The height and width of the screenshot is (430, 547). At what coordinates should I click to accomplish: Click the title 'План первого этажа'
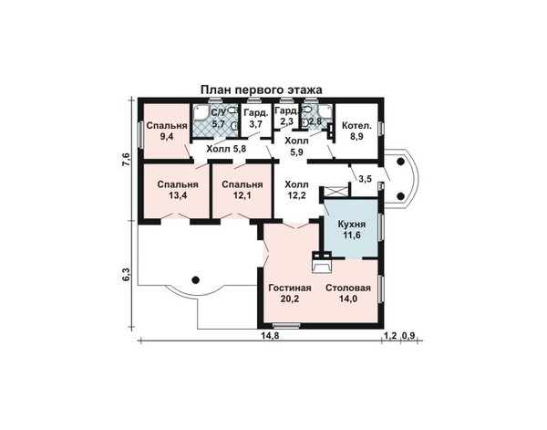pos(262,89)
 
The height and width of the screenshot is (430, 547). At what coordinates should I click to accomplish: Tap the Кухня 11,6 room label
pos(352,229)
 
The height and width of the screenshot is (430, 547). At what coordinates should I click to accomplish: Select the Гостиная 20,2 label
pos(290,293)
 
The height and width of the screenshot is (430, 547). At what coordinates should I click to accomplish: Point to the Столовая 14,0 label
pos(348,293)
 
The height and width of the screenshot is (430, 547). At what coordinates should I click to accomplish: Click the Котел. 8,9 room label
pos(356,131)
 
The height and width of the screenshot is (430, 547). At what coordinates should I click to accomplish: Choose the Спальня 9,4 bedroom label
pos(167,131)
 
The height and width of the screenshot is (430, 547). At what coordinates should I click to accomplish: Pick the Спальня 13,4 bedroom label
pos(178,190)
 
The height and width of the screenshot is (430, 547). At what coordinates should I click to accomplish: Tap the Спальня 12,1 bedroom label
pos(243,190)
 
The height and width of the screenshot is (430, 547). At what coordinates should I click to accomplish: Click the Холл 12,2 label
pos(296,190)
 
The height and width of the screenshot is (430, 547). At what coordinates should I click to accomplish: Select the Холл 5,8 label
pos(226,149)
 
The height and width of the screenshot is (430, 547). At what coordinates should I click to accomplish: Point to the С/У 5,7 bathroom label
pos(219,118)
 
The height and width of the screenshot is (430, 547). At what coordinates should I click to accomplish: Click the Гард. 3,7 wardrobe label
pos(256,118)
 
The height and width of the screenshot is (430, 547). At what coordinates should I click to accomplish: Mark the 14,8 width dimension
pos(271,335)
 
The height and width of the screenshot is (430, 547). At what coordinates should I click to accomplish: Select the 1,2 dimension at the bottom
pos(390,336)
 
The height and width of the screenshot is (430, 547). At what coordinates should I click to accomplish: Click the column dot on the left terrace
pos(196,279)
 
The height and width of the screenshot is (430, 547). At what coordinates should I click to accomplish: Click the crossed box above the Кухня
pos(335,193)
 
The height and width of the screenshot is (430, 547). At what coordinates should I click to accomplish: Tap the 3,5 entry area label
pos(366,179)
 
